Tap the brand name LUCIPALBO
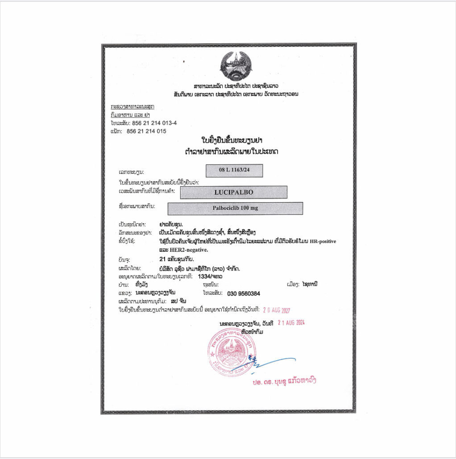(x=234, y=192)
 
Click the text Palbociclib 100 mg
(x=235, y=208)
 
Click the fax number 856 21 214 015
(x=146, y=131)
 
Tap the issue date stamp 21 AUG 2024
(x=291, y=322)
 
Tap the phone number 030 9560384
(x=244, y=293)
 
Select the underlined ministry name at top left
(x=133, y=107)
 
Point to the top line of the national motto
(x=236, y=85)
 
